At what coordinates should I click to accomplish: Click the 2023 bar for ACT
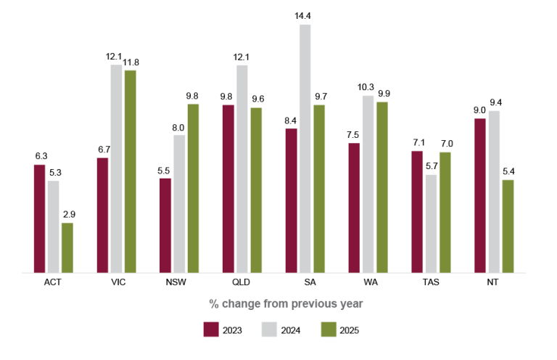point(39,218)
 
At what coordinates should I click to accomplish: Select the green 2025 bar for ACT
point(67,247)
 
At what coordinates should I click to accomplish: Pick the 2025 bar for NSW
point(193,188)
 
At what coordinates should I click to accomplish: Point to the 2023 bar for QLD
point(228,189)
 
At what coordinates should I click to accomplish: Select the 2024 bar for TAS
point(432,224)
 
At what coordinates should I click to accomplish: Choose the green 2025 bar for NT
point(508,226)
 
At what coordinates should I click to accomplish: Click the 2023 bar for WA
point(354,208)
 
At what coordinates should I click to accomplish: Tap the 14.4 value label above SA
point(305,15)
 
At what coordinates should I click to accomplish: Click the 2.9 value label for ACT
point(67,214)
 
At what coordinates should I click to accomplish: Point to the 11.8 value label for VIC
point(131,62)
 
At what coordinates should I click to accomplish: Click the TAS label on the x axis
point(432,282)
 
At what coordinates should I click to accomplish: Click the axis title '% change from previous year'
point(286,303)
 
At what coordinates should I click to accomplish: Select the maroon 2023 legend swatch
point(211,330)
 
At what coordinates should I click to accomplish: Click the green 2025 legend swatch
point(329,330)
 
